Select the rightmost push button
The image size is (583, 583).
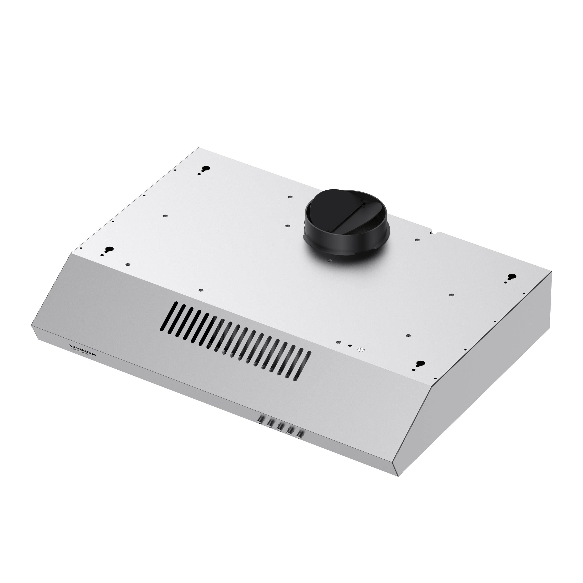pyautogui.click(x=300, y=434)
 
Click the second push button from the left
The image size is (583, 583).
pyautogui.click(x=270, y=424)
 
